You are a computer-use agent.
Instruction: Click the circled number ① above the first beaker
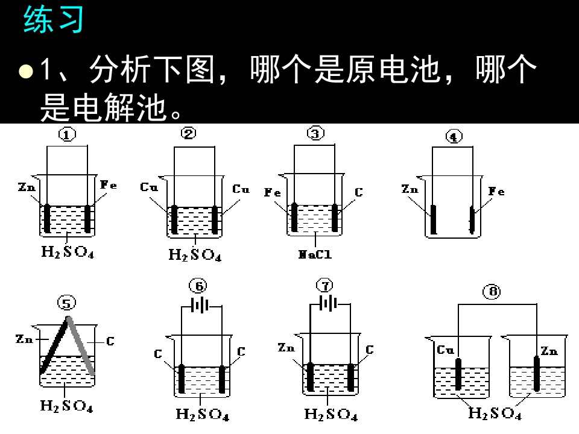[x=67, y=134]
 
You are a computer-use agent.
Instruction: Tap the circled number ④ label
[x=454, y=137]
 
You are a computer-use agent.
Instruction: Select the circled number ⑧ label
[x=492, y=292]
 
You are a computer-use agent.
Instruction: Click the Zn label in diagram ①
[x=27, y=187]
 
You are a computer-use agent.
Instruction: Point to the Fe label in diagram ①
[x=109, y=185]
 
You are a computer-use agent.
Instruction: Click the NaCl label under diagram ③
[x=315, y=254]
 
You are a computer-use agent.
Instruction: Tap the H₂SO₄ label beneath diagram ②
[x=195, y=254]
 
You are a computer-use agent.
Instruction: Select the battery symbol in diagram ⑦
[x=328, y=304]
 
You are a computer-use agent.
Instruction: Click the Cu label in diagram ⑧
[x=445, y=350]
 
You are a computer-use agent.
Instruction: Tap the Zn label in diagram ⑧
[x=549, y=351]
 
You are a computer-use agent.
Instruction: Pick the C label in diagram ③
[x=359, y=192]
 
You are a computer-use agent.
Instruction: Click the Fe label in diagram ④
[x=496, y=191]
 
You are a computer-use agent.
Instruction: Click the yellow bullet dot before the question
[x=26, y=71]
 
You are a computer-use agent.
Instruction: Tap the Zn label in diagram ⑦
[x=286, y=347]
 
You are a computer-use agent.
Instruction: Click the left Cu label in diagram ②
[x=149, y=187]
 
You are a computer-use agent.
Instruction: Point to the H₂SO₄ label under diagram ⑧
[x=495, y=413]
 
